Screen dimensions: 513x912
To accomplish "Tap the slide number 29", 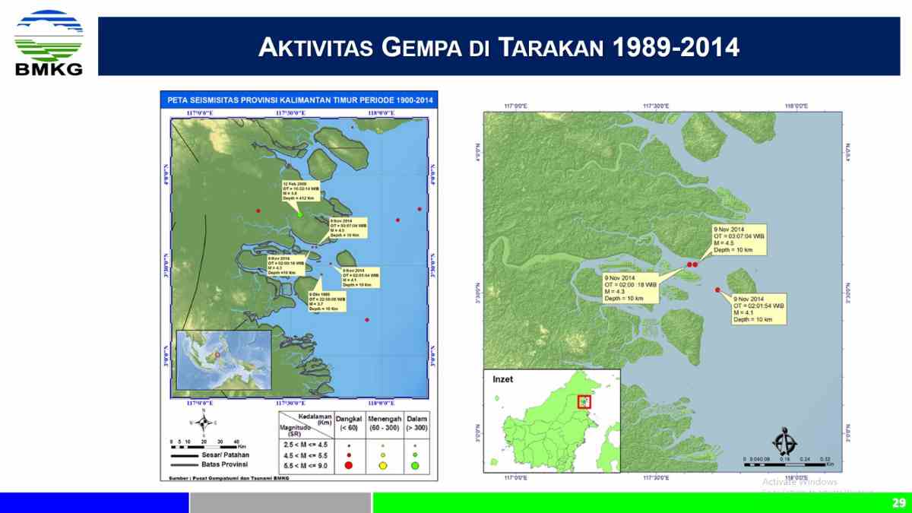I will [x=898, y=502].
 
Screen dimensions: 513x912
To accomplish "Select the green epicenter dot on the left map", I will [x=300, y=214].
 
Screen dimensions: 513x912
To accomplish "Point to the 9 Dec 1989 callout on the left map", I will [x=327, y=302].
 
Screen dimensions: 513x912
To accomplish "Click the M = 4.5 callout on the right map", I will [x=738, y=239].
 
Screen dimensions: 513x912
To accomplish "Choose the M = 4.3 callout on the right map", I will [x=629, y=287].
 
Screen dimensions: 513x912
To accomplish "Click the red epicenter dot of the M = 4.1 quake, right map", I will [x=717, y=290].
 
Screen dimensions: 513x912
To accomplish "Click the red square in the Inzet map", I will [x=584, y=401].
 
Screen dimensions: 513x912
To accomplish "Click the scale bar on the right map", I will [x=787, y=458].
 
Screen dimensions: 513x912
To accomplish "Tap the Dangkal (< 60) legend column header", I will [x=350, y=423].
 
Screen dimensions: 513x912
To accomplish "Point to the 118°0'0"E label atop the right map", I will [x=796, y=106].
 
